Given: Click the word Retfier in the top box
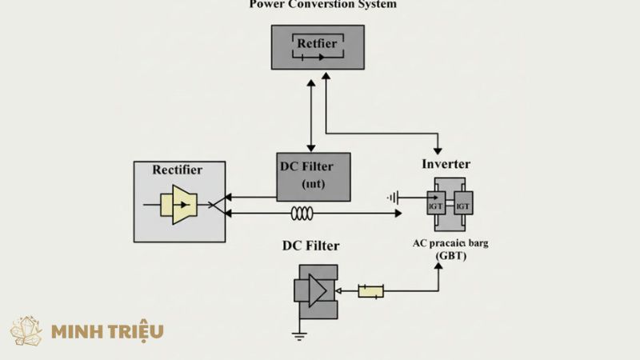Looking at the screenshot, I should coord(317,44).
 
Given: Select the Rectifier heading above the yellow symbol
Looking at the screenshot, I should coord(177,170).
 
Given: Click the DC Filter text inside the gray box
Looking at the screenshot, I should coord(312,166).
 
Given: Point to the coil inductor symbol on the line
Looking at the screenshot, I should coord(302,214).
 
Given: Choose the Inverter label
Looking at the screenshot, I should coord(446,164).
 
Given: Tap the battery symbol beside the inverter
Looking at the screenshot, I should coord(393,197).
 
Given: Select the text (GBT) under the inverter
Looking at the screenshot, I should coord(450,255).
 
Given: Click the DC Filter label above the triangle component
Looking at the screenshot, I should coord(314,244).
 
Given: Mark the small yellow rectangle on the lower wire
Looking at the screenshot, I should coord(370,292).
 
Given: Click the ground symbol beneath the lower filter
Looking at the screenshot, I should coord(300,334).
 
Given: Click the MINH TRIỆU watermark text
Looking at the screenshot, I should coord(107,331).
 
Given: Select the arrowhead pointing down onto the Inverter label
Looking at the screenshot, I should coord(438,150).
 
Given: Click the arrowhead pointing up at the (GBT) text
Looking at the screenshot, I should coord(438,265).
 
